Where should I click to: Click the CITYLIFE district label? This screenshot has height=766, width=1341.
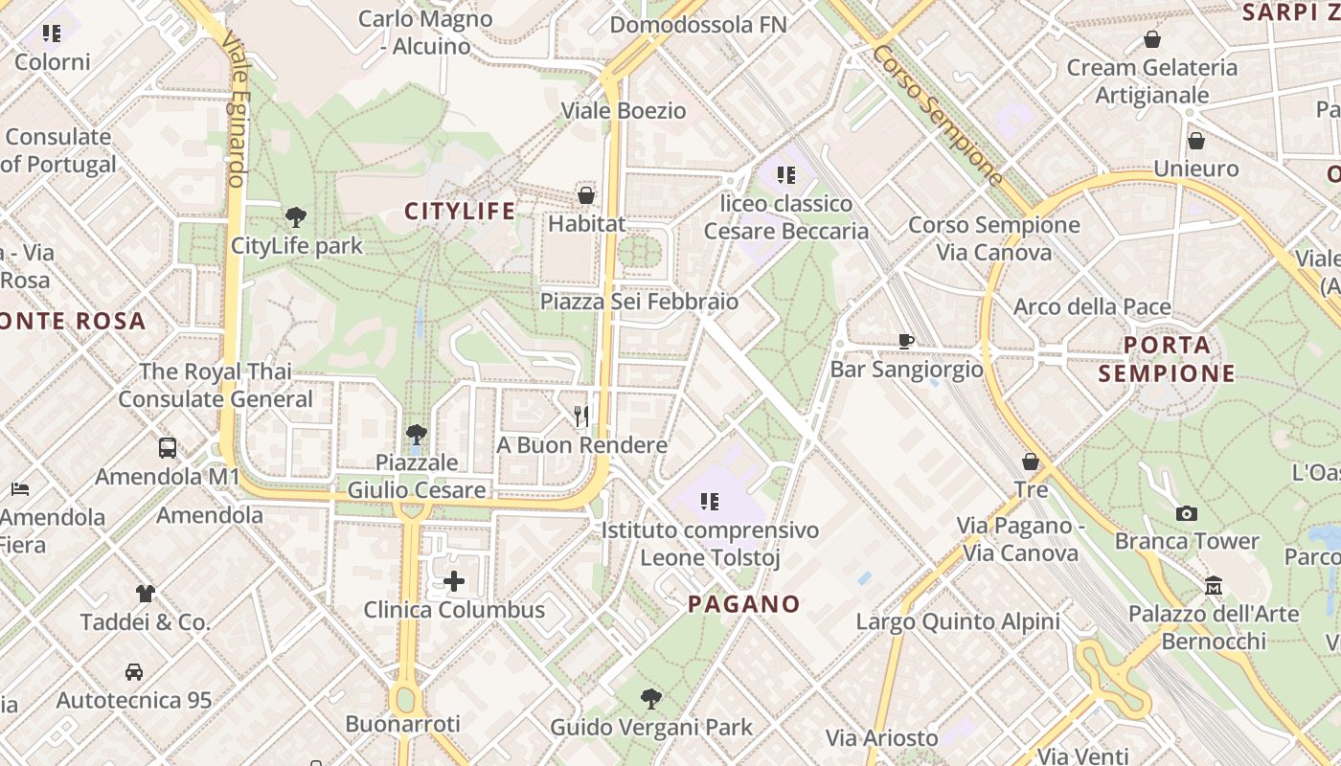[460, 211]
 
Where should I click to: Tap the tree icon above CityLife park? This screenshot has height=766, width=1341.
[296, 217]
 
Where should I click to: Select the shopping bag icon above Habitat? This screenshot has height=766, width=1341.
[586, 195]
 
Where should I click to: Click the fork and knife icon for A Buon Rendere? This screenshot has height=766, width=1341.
[581, 416]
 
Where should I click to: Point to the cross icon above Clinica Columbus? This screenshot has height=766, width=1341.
[454, 580]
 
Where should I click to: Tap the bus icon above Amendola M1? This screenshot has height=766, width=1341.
[168, 447]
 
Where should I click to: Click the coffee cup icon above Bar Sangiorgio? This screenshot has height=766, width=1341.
[906, 341]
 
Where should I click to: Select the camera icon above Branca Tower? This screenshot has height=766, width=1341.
[1187, 513]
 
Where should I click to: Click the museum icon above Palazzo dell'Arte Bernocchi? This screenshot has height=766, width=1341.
[1214, 585]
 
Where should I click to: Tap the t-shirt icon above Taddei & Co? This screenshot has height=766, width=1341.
[145, 594]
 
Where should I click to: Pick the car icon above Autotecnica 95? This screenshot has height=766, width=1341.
[134, 672]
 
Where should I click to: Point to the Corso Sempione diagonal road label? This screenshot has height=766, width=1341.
[937, 114]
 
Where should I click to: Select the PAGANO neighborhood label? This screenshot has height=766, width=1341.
[744, 604]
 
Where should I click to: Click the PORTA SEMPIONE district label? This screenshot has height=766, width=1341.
[1167, 359]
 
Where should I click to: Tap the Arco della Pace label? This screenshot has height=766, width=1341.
[1092, 307]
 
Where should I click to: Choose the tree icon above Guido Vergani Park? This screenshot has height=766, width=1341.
[651, 699]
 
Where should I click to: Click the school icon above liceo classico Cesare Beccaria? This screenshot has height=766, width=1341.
[786, 174]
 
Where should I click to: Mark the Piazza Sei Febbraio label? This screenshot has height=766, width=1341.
[639, 302]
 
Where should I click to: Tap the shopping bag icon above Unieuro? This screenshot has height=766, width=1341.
[1196, 141]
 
